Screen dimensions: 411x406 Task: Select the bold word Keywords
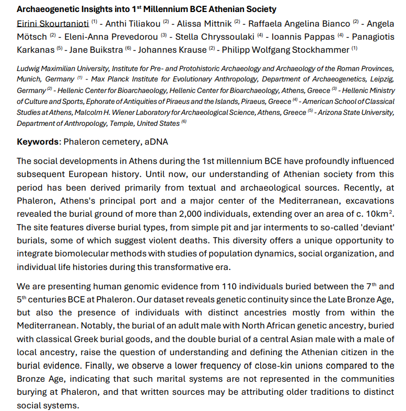38,142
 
